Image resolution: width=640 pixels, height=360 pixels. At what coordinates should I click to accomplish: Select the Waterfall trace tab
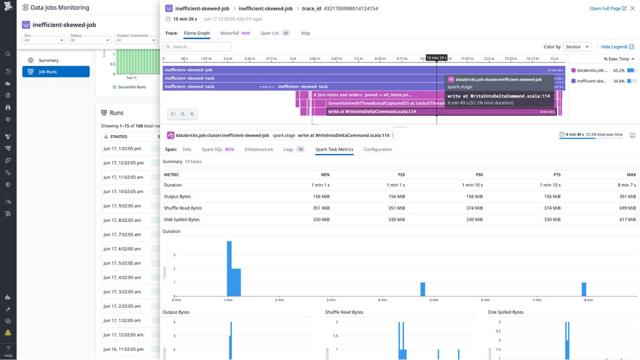click(229, 33)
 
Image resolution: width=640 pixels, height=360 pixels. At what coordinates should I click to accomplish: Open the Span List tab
click(270, 33)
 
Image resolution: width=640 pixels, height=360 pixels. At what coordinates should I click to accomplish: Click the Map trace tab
click(305, 33)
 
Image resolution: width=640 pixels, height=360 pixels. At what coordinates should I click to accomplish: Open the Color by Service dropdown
click(577, 47)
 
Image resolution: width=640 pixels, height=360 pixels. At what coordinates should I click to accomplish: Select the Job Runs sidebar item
click(56, 72)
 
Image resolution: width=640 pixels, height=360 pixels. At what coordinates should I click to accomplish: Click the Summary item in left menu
click(48, 60)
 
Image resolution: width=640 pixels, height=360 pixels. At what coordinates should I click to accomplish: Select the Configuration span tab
click(378, 149)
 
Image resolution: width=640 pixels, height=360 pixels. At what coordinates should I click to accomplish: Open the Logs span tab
click(288, 149)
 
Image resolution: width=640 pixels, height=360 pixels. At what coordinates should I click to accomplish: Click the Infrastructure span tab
click(258, 149)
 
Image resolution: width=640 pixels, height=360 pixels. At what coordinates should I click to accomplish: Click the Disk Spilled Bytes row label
click(181, 219)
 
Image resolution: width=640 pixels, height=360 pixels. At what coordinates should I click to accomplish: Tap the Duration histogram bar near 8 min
click(584, 289)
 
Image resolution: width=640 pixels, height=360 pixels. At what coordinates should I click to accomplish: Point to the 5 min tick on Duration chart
click(434, 300)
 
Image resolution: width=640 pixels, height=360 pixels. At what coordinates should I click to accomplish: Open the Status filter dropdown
click(89, 40)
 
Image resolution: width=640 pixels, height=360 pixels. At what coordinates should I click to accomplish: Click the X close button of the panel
click(633, 8)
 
